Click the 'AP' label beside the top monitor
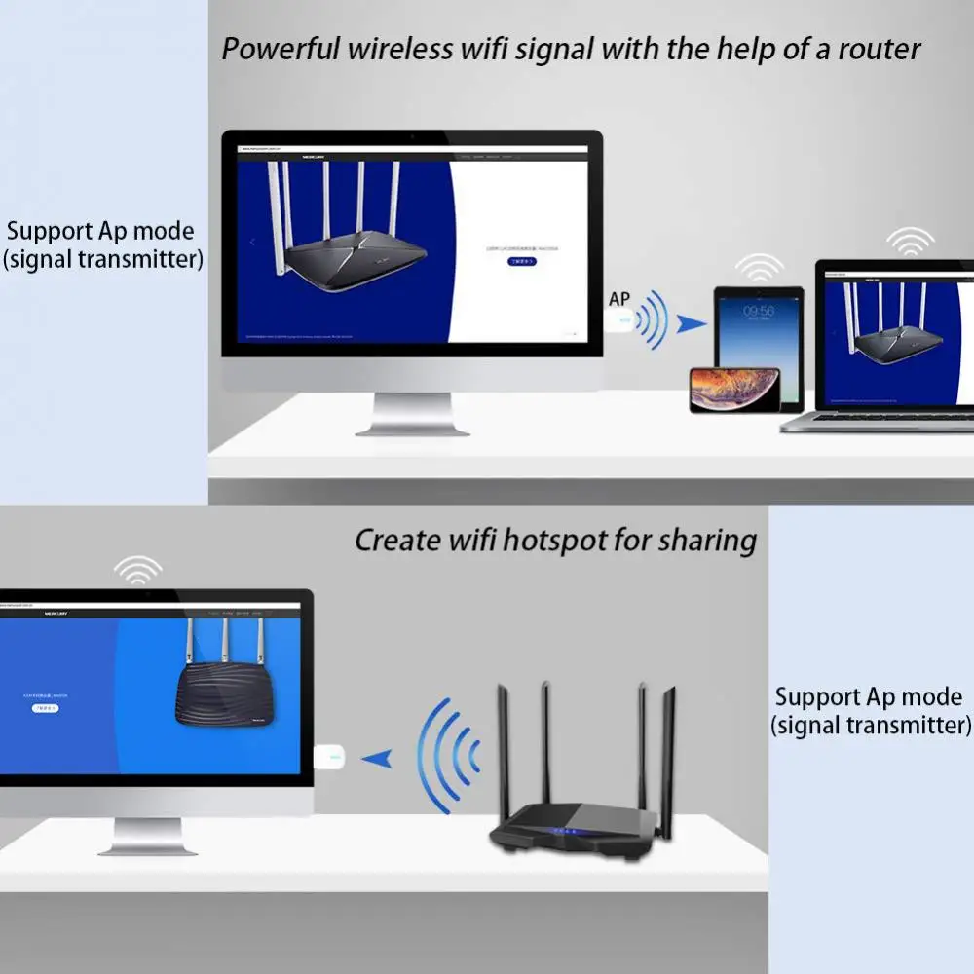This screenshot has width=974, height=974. [619, 299]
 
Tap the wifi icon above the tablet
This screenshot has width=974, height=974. [759, 267]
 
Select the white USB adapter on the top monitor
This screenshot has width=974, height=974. [619, 320]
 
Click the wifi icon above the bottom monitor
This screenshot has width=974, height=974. [138, 569]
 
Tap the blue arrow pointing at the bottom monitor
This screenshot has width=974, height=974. [377, 757]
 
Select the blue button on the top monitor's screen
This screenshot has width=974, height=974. [522, 261]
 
